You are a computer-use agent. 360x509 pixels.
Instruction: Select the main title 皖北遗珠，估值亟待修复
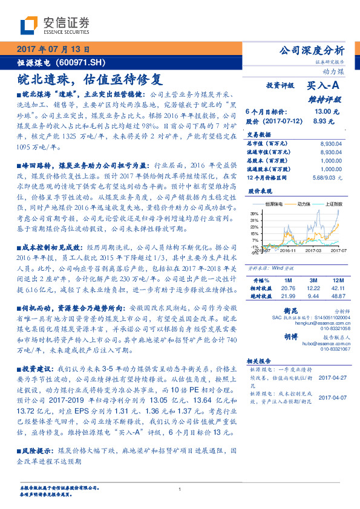coord(90,79)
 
